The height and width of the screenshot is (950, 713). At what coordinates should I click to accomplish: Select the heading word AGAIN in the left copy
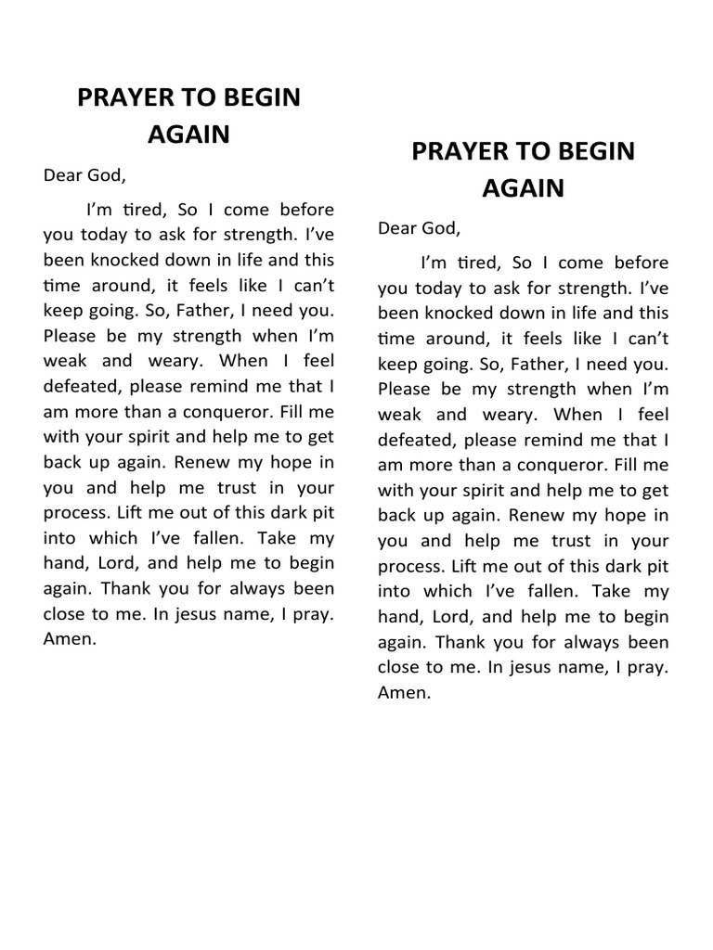pyautogui.click(x=188, y=134)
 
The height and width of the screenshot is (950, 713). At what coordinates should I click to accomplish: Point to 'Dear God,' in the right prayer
pyautogui.click(x=419, y=227)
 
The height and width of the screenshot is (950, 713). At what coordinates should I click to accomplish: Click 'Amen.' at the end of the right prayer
pyautogui.click(x=405, y=692)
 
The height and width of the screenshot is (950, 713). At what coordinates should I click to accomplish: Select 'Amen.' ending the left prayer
pyautogui.click(x=70, y=639)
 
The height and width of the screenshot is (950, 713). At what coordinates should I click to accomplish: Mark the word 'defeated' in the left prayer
pyautogui.click(x=77, y=386)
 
